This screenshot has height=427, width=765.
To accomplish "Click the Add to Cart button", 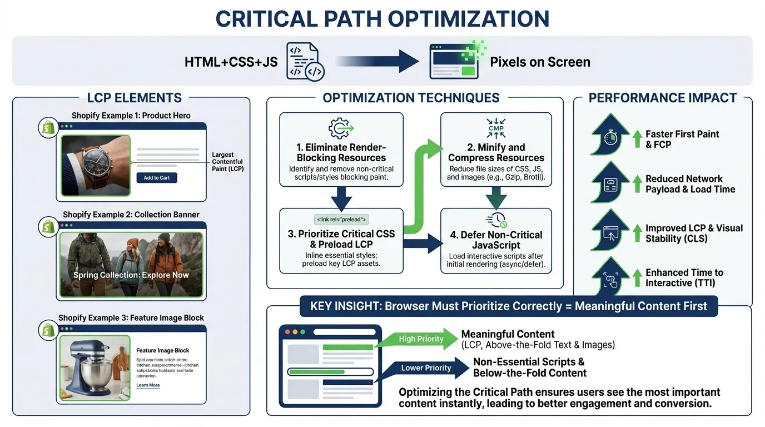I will pyautogui.click(x=157, y=177).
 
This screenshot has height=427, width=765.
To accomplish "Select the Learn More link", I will pyautogui.click(x=148, y=385).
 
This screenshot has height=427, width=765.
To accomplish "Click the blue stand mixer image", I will pyautogui.click(x=93, y=368).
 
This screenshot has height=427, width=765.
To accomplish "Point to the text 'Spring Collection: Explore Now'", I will pyautogui.click(x=131, y=275).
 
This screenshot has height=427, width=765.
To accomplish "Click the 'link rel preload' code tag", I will pyautogui.click(x=341, y=220).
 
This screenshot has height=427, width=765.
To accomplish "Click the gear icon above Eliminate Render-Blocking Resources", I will pyautogui.click(x=341, y=128).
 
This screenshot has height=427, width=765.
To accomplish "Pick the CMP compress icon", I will pyautogui.click(x=496, y=128).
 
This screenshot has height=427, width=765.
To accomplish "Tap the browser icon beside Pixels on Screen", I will pyautogui.click(x=454, y=61).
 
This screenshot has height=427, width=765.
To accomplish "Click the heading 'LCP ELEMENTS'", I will pyautogui.click(x=135, y=98).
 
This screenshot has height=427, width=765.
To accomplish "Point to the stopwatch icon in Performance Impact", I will pyautogui.click(x=610, y=138).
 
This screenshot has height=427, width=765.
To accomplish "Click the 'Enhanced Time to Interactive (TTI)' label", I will pyautogui.click(x=684, y=277).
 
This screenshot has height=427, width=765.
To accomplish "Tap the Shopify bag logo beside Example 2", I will pyautogui.click(x=48, y=226).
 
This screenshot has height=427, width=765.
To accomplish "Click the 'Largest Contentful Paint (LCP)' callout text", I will pyautogui.click(x=228, y=162).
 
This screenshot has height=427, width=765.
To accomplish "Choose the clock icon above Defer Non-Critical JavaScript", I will pyautogui.click(x=496, y=219).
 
